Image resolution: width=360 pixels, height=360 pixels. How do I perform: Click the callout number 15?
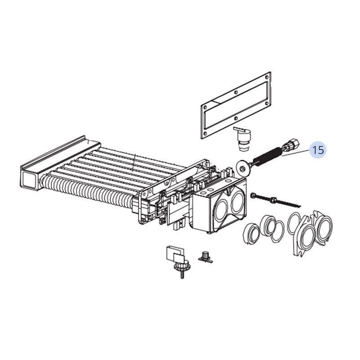click(318, 150)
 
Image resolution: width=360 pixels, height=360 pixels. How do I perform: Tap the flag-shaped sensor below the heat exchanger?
click(173, 255)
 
